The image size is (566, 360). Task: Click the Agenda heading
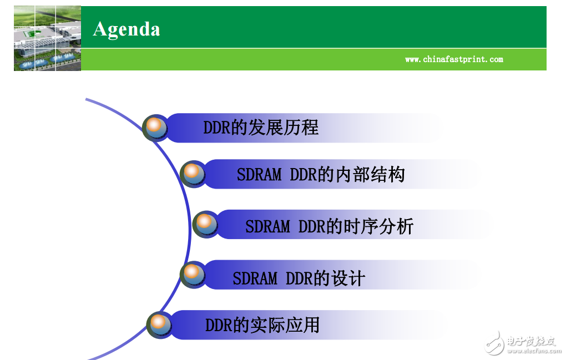(x=127, y=29)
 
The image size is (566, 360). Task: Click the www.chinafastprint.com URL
(x=454, y=59)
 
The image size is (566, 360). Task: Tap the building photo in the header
(x=47, y=38)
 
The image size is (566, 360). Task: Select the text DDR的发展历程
(x=261, y=128)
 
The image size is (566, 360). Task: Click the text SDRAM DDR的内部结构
(x=321, y=175)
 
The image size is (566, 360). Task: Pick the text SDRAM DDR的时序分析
(x=329, y=226)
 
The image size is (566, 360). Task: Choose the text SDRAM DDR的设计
(x=299, y=278)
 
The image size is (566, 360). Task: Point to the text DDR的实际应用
(x=262, y=325)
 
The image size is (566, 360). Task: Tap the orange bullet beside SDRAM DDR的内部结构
(x=193, y=174)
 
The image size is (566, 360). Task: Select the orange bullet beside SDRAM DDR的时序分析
(x=205, y=224)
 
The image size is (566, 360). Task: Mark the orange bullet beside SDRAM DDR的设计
(x=192, y=273)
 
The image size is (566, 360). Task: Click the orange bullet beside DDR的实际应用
(x=159, y=323)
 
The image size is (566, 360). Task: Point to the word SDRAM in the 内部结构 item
(x=259, y=175)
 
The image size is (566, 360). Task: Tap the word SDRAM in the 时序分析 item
(x=267, y=226)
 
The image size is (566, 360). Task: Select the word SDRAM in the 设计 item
(x=255, y=278)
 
